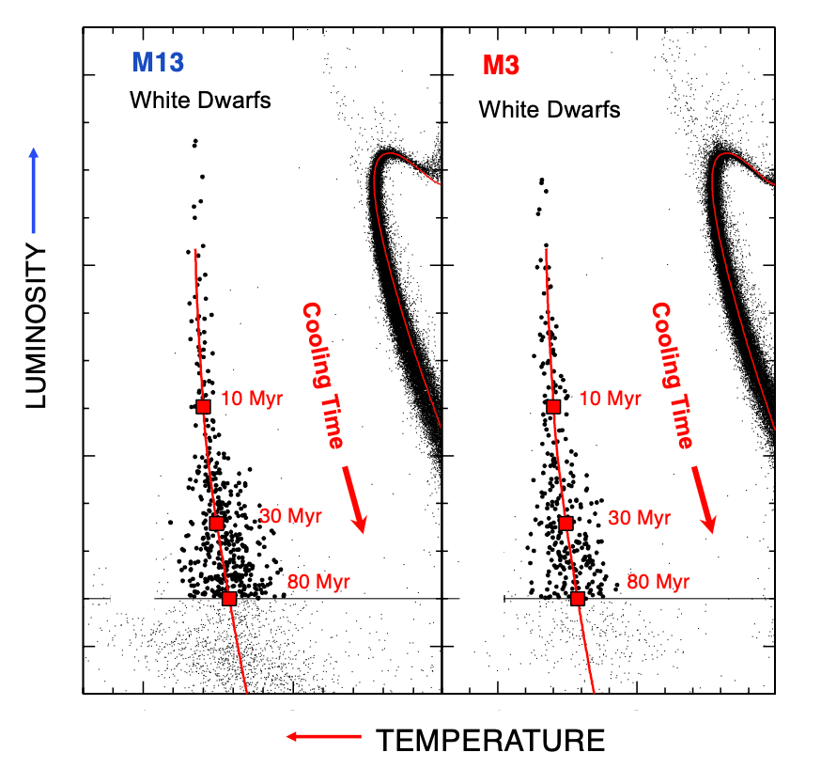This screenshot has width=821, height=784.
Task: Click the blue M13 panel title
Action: pos(159,64)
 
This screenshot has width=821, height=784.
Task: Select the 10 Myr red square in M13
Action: pos(204,406)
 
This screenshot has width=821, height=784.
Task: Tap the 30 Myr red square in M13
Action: pos(216,523)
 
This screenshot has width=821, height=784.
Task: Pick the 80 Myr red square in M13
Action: pos(229,598)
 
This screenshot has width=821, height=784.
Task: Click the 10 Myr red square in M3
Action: pos(553,406)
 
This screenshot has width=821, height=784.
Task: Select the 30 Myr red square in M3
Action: pos(565,523)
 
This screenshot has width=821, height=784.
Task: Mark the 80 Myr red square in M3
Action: pos(578,598)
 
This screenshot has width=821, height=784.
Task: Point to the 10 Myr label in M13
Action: pos(253,400)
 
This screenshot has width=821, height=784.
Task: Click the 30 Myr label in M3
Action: pos(640,518)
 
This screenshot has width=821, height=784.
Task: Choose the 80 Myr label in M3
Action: pos(658,582)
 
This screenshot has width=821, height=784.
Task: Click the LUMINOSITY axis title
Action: pos(36,325)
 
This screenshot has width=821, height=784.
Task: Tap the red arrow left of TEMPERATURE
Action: pos(323,738)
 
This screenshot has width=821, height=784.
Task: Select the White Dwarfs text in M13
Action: pos(200,100)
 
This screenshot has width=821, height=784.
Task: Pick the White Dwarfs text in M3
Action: pos(550,109)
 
